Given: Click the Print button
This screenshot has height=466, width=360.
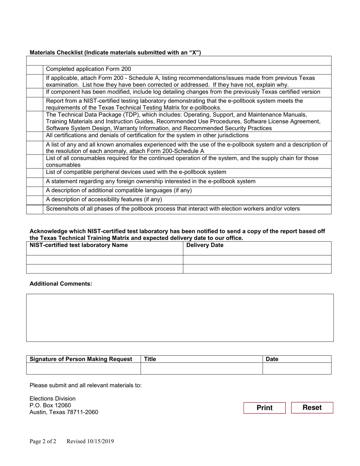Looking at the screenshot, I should [x=264, y=408].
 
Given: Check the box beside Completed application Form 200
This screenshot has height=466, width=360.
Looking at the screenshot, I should [x=34, y=69].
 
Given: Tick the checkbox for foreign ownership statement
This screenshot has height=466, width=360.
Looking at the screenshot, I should [x=34, y=182].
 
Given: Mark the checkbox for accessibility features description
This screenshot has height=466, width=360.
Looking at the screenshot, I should [x=34, y=200].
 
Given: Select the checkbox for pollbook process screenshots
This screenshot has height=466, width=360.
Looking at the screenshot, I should [x=34, y=209].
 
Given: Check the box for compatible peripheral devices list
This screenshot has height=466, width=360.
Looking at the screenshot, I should [x=34, y=172].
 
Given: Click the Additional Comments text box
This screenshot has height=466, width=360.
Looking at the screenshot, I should [x=180, y=317].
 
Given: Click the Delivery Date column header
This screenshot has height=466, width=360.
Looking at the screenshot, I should [x=205, y=246].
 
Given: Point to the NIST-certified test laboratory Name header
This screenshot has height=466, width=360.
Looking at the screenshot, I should [x=79, y=246].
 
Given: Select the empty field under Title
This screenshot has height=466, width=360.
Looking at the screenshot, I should [x=201, y=368].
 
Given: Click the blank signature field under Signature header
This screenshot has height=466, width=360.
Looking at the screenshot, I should [x=83, y=368].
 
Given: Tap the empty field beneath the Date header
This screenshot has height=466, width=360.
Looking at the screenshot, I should [x=297, y=368].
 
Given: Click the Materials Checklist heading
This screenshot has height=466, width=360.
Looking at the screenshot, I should [x=115, y=53].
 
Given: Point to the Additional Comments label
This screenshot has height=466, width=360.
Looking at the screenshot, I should [x=61, y=284].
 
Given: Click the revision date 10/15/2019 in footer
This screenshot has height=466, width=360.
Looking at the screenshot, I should [x=90, y=441].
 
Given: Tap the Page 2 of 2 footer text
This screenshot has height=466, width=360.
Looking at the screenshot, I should [x=43, y=441].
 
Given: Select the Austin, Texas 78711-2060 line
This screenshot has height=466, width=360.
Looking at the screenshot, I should [x=64, y=412].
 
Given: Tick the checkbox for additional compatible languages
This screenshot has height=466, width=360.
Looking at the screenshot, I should [x=34, y=191].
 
